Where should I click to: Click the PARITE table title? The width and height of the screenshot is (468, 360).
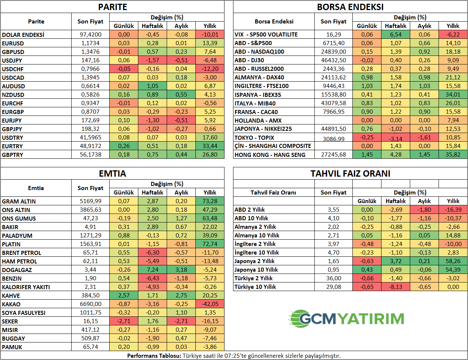click(x=113, y=7)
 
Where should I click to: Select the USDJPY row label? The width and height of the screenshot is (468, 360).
click(x=12, y=60)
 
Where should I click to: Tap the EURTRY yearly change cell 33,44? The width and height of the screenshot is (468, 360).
click(x=210, y=146)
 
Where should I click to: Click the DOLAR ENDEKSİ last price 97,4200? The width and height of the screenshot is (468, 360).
click(x=91, y=35)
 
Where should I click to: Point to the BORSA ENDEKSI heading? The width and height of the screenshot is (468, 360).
click(x=350, y=7)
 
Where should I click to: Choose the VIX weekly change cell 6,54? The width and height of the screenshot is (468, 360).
click(x=396, y=35)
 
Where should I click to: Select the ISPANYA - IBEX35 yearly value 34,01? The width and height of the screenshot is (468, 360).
click(x=453, y=95)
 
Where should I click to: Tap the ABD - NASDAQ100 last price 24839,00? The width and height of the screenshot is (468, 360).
click(x=333, y=52)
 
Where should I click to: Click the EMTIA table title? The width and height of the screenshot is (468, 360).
click(x=113, y=174)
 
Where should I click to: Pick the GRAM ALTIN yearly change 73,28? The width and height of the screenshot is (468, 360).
click(x=210, y=201)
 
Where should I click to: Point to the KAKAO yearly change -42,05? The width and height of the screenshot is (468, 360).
click(x=210, y=304)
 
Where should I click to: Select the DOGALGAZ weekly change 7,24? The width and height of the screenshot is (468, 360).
click(x=153, y=270)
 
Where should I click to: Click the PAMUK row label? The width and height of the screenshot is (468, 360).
click(x=12, y=347)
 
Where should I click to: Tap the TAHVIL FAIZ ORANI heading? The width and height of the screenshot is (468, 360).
click(x=350, y=174)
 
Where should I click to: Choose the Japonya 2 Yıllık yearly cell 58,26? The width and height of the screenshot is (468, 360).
click(x=453, y=261)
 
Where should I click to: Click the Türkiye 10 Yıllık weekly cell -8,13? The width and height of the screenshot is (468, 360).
click(x=396, y=287)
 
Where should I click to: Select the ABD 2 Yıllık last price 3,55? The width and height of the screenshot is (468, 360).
click(x=333, y=210)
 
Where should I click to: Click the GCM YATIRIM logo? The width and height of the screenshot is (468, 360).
click(x=346, y=319)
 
